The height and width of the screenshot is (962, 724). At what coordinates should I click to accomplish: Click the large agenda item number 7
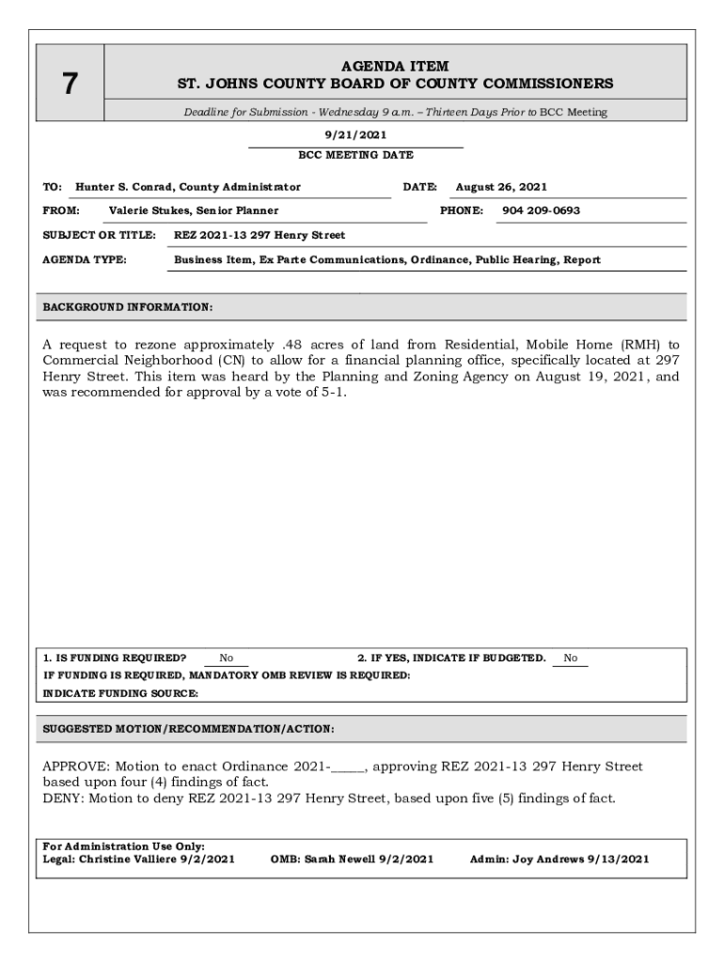(x=70, y=85)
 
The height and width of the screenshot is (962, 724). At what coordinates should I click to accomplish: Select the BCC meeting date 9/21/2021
(x=354, y=135)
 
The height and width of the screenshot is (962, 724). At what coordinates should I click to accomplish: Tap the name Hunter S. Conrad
(x=126, y=187)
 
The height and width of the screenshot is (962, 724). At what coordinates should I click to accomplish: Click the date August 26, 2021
(x=501, y=187)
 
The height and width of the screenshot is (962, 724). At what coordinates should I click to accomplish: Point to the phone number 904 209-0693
(x=541, y=210)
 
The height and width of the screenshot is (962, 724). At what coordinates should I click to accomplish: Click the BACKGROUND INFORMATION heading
(x=128, y=307)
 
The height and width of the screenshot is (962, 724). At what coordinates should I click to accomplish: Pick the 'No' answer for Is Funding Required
(x=227, y=659)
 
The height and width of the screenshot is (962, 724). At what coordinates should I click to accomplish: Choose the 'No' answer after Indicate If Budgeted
(x=571, y=659)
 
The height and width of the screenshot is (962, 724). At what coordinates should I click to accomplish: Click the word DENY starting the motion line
(x=61, y=799)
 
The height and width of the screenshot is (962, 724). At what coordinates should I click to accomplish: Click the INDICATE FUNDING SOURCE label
(x=121, y=693)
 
